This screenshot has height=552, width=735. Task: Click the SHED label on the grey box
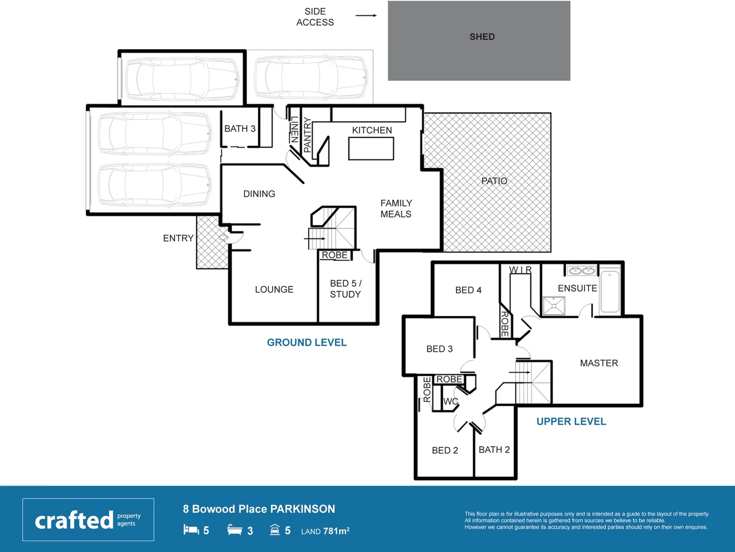482,37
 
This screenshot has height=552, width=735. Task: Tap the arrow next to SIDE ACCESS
366,15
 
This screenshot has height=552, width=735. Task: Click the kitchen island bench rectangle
371,149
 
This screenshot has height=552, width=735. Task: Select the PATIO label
494,181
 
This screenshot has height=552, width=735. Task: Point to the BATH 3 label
240,129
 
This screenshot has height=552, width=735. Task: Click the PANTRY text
307,135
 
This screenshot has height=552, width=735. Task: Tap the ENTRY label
178,238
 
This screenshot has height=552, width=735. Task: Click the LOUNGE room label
274,289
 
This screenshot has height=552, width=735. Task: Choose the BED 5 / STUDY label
346,289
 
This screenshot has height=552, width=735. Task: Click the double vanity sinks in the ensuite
582,270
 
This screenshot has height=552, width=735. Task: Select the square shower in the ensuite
554,306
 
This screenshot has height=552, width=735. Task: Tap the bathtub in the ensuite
610,292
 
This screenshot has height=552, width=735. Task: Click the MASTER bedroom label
599,363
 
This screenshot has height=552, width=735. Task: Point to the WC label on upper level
450,402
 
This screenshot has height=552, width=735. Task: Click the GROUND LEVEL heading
307,342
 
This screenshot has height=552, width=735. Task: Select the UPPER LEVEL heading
571,422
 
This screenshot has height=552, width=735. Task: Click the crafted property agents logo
88,520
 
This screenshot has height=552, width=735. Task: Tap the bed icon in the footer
191,530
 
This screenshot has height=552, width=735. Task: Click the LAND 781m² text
325,531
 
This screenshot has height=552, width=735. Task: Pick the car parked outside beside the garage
310,78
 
